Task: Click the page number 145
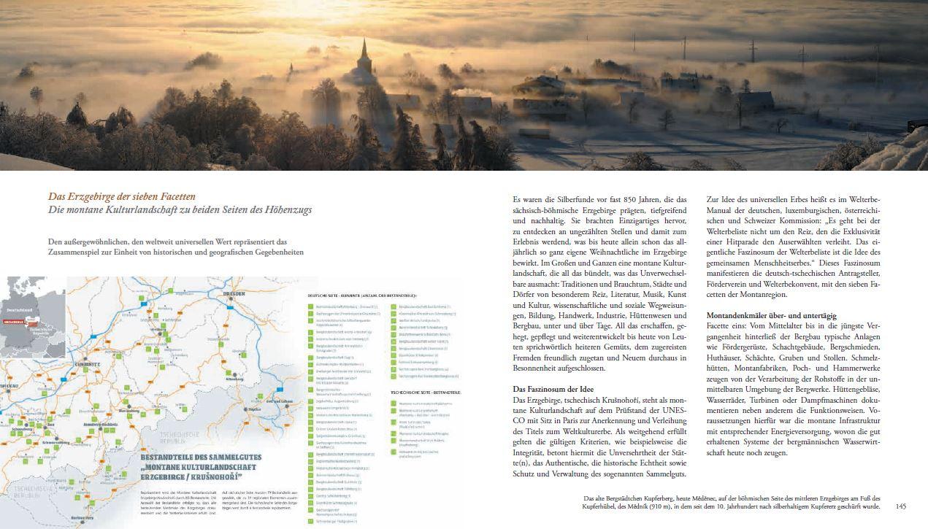(900, 506)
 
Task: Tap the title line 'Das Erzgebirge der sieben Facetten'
(122, 196)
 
